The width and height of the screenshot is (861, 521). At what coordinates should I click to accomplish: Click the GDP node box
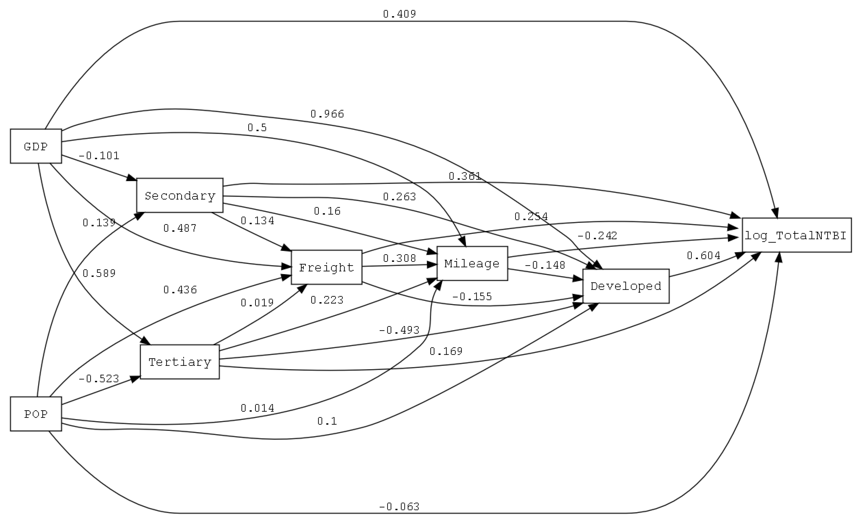pos(36,146)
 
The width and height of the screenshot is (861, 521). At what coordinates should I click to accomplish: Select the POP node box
pos(36,414)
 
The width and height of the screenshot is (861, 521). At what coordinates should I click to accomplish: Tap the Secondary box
pos(180,195)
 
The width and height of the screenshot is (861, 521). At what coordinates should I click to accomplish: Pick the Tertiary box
pos(180,362)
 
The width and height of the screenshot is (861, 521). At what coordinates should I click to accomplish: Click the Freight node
pos(326,267)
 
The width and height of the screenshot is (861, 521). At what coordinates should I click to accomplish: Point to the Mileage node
pos(472,263)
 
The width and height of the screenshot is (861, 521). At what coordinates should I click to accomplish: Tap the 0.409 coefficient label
pos(399,14)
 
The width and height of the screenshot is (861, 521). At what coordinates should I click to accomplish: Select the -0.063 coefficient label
pos(399,506)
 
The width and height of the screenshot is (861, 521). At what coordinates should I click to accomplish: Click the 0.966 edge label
pos(327,114)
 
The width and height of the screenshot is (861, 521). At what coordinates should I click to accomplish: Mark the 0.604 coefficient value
pos(703,256)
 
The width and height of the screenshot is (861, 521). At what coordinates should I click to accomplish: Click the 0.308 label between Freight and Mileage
pos(399,258)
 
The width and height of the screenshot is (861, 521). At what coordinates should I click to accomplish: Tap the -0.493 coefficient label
pos(399,330)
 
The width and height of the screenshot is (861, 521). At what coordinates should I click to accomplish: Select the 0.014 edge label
pos(257,408)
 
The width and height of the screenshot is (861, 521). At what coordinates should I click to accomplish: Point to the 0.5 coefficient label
pos(257,128)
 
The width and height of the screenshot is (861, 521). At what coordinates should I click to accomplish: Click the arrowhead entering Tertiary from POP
pos(135,379)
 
